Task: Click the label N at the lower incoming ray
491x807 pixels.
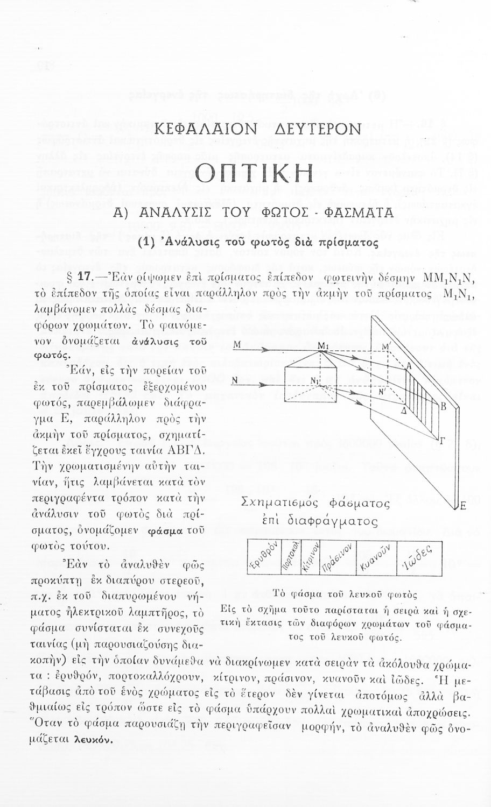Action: pyautogui.click(x=235, y=380)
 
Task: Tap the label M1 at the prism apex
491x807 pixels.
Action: pyautogui.click(x=323, y=344)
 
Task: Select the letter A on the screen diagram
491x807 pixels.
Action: pyautogui.click(x=409, y=366)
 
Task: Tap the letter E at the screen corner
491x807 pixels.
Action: pyautogui.click(x=462, y=506)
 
